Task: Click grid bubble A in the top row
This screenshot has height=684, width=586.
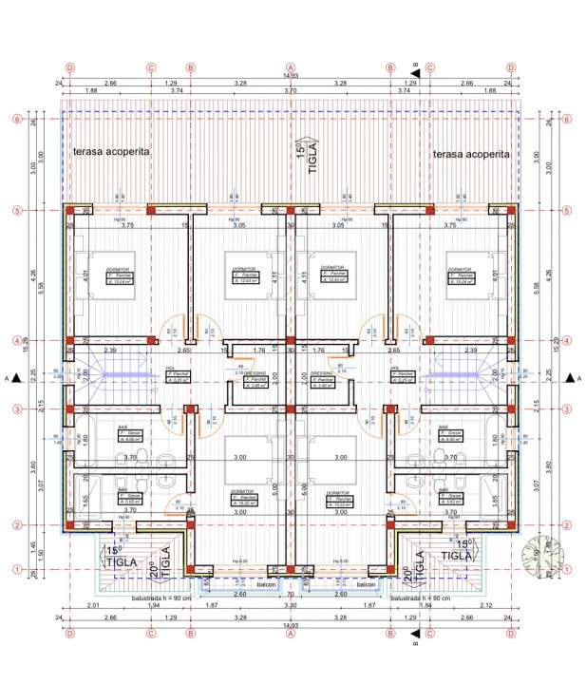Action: tap(290, 67)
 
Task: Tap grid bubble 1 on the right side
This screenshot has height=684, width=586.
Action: tap(567, 569)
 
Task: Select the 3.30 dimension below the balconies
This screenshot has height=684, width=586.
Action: tap(291, 606)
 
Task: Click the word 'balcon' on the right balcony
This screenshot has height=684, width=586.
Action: tap(368, 584)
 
